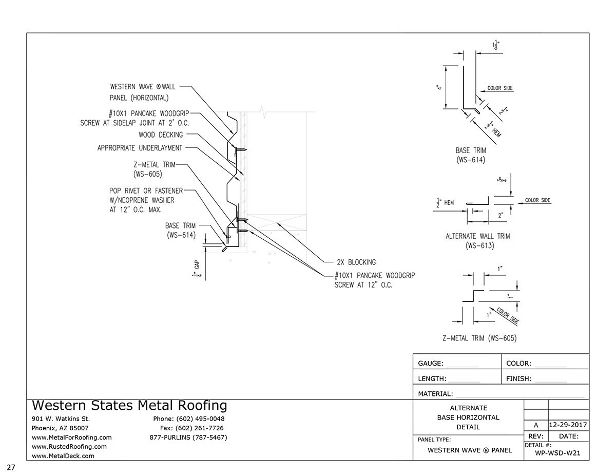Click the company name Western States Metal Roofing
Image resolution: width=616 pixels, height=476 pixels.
tap(129, 406)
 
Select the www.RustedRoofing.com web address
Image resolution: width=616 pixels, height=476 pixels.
tap(69, 447)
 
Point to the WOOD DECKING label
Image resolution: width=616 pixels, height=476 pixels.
tap(161, 135)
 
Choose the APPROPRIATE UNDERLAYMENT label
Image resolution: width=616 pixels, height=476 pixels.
tap(140, 148)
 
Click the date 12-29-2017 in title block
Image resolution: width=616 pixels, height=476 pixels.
tap(568, 425)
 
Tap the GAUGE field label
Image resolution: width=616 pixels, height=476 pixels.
tap(431, 363)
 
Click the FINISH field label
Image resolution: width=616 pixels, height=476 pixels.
tap(518, 379)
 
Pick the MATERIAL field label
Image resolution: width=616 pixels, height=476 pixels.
tap(435, 394)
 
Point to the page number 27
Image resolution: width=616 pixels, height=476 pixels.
tap(11, 467)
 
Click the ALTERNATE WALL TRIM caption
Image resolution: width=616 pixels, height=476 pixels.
tap(477, 236)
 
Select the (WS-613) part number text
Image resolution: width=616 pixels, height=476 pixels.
tap(477, 245)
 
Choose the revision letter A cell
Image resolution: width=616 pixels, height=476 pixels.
tap(536, 425)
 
